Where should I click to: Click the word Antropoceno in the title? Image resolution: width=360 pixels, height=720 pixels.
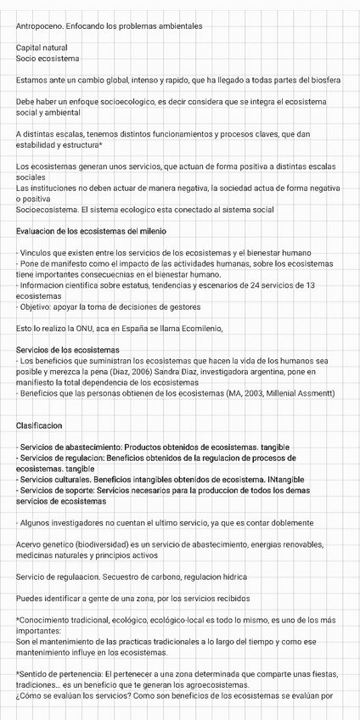pyautogui.click(x=40, y=26)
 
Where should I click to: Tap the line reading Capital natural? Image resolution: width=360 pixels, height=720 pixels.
pyautogui.click(x=42, y=48)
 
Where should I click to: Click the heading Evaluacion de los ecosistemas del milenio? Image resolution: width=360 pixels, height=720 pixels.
pyautogui.click(x=91, y=231)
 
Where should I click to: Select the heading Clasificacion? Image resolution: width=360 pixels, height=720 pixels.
pyautogui.click(x=39, y=425)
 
